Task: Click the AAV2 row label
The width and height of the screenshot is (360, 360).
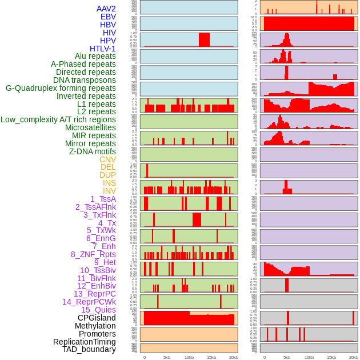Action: click(x=106, y=9)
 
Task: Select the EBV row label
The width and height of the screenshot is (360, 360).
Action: click(x=108, y=17)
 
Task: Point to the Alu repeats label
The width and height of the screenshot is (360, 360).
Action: click(x=95, y=57)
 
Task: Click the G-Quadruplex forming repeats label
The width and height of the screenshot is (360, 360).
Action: click(x=61, y=88)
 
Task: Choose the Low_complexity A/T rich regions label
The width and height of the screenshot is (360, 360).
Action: click(x=58, y=119)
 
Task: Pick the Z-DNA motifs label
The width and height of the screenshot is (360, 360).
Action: click(x=92, y=151)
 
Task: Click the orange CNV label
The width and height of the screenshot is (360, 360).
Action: click(x=107, y=159)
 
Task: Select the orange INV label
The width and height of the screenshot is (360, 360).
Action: click(x=109, y=191)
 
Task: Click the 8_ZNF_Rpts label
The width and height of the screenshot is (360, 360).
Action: click(x=93, y=254)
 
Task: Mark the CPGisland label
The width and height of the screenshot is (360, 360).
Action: click(x=97, y=318)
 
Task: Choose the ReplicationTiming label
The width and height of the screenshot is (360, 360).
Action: click(x=84, y=342)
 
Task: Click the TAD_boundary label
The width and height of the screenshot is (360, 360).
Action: click(x=89, y=349)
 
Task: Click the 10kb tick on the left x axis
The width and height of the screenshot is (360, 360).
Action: click(x=189, y=357)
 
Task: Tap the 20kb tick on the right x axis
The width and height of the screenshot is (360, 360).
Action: click(x=354, y=357)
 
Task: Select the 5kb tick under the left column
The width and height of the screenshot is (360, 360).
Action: click(x=167, y=357)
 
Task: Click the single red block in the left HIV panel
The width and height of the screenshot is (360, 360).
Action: click(x=204, y=39)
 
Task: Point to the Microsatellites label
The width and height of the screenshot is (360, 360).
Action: click(x=90, y=127)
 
